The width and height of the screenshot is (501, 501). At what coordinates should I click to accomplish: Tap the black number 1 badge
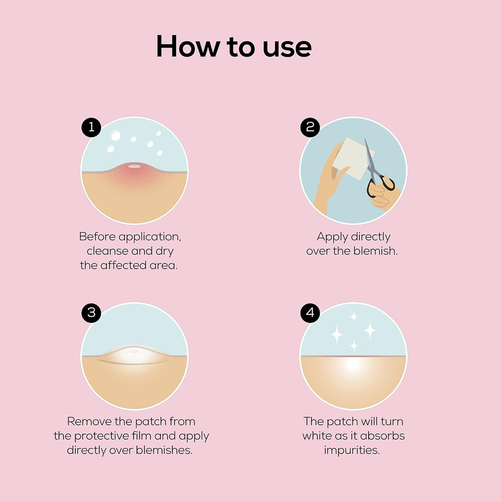(91, 127)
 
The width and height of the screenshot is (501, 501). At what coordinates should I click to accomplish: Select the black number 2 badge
(310, 127)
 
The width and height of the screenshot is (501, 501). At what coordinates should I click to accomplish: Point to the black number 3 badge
(91, 312)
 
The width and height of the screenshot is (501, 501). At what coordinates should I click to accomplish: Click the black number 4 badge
(310, 312)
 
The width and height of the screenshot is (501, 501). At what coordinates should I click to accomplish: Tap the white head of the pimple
(134, 166)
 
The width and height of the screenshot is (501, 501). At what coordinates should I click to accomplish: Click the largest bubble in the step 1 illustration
(115, 136)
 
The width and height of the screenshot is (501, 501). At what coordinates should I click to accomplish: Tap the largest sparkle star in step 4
(370, 330)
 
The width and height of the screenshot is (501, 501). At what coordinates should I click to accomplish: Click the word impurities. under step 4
(352, 450)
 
